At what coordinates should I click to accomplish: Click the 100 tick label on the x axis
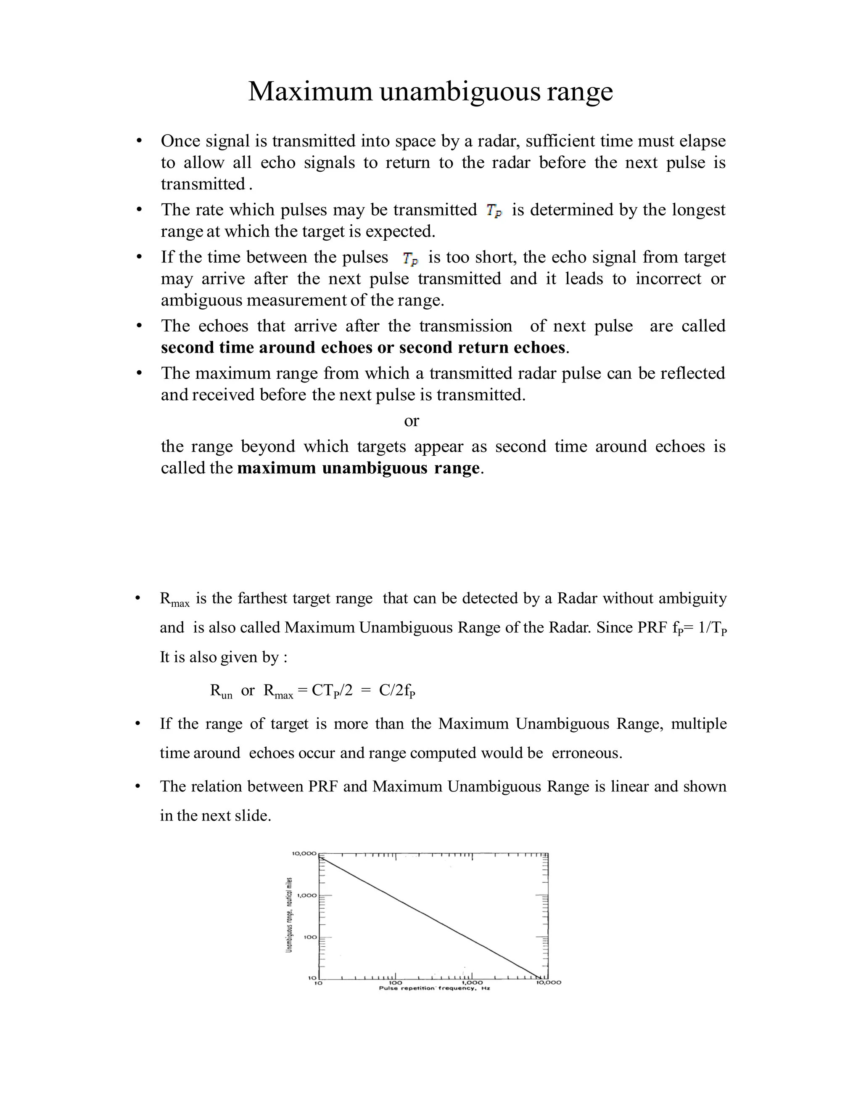[x=395, y=982]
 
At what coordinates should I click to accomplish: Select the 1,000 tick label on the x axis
[x=472, y=982]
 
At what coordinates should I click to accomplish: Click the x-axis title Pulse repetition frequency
[x=433, y=988]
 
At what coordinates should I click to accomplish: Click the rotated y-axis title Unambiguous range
[x=289, y=914]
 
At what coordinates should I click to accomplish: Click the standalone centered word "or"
[x=411, y=421]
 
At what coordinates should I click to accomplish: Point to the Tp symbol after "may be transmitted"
[x=494, y=210]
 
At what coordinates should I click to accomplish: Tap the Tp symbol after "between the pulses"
[x=410, y=258]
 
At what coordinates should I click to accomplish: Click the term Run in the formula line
[x=221, y=691]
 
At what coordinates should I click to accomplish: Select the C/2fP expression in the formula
[x=397, y=691]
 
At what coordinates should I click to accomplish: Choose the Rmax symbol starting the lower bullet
[x=174, y=599]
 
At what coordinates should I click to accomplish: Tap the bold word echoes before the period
[x=539, y=348]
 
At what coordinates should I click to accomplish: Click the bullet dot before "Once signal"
[x=138, y=141]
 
